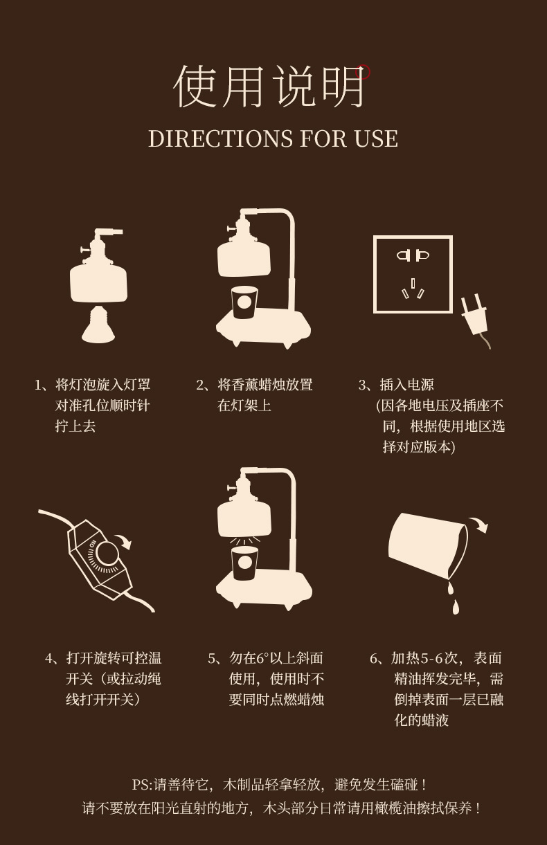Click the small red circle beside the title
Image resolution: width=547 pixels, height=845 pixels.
point(363,72)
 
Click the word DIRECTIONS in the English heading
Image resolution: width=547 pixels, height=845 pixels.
point(220,138)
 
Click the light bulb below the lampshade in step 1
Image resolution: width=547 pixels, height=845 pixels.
point(98,325)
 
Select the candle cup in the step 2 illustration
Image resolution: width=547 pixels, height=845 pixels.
point(244,302)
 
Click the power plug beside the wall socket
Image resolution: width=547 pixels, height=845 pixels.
point(474,317)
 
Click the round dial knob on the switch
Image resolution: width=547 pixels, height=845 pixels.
point(107,554)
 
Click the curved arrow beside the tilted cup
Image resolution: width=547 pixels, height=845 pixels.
point(478,524)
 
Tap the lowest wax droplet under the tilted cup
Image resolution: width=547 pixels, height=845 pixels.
point(456,606)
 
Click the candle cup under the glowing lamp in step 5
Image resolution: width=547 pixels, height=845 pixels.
point(244,563)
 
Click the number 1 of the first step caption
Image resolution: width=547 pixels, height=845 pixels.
point(38,385)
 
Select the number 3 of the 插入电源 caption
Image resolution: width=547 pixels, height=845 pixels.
point(362,385)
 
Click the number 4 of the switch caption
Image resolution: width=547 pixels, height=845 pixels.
point(49,658)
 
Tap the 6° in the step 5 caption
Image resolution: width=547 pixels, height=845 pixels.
point(262,658)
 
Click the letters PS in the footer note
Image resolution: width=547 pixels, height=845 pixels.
point(141,785)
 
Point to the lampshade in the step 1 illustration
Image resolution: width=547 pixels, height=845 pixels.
point(98,282)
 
